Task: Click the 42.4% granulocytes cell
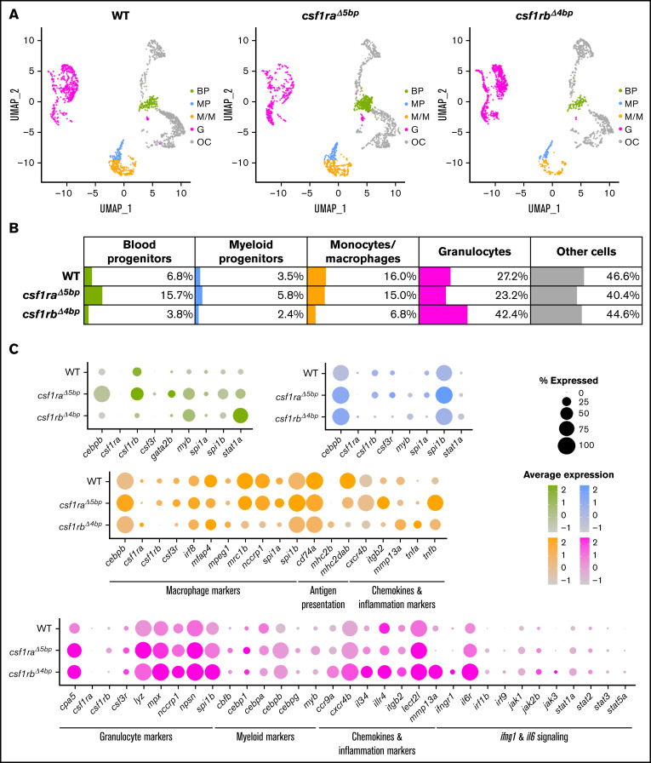pos(475,314)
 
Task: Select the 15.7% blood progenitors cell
pos(140,295)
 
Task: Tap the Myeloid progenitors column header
pos(251,251)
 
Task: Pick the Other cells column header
pos(586,251)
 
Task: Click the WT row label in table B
pos(71,277)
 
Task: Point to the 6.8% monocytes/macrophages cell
pos(363,314)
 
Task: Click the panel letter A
pos(14,14)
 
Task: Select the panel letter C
pos(14,348)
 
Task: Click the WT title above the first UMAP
pos(120,15)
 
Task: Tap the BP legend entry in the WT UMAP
pos(199,91)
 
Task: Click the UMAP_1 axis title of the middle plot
pos(330,209)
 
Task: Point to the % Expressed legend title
pos(568,381)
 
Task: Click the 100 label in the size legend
pos(586,445)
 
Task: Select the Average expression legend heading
pos(568,474)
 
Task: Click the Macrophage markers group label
pos(203,590)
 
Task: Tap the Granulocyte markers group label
pos(136,737)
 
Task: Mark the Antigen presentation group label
pos(323,597)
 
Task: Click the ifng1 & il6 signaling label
pos(534,737)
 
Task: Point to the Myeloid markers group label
pos(266,737)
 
